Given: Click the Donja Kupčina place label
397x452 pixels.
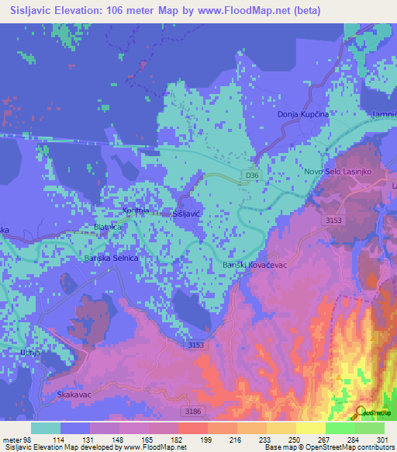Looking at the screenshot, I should coord(303,115).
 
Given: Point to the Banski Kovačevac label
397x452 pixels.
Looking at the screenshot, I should coord(254,266).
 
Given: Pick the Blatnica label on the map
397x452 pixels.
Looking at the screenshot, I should coord(108,227).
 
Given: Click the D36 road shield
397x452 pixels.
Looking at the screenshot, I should coord(249,176).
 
